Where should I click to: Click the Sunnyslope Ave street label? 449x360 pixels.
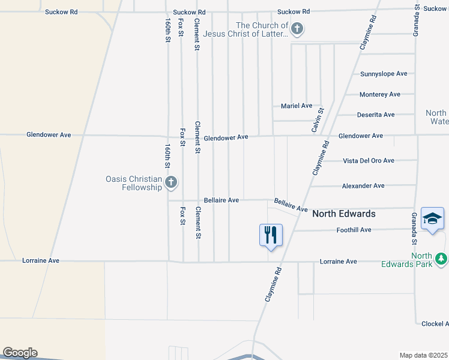pyautogui.click(x=384, y=74)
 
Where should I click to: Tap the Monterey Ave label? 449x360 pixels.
pyautogui.click(x=379, y=94)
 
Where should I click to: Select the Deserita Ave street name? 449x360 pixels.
pyautogui.click(x=376, y=115)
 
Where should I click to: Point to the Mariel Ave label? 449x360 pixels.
pyautogui.click(x=297, y=106)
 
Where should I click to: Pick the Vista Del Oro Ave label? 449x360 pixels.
pyautogui.click(x=368, y=161)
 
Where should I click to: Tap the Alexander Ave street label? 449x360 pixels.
pyautogui.click(x=363, y=186)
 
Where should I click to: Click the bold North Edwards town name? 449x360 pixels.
pyautogui.click(x=344, y=214)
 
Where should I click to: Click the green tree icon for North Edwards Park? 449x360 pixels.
pyautogui.click(x=441, y=259)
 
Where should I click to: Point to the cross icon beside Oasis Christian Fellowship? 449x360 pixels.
pyautogui.click(x=171, y=182)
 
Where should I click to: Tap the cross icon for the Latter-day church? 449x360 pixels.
pyautogui.click(x=297, y=28)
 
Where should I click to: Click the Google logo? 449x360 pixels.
pyautogui.click(x=19, y=353)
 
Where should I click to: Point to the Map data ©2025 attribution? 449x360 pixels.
pyautogui.click(x=424, y=355)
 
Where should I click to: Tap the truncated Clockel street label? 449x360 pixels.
pyautogui.click(x=435, y=324)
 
